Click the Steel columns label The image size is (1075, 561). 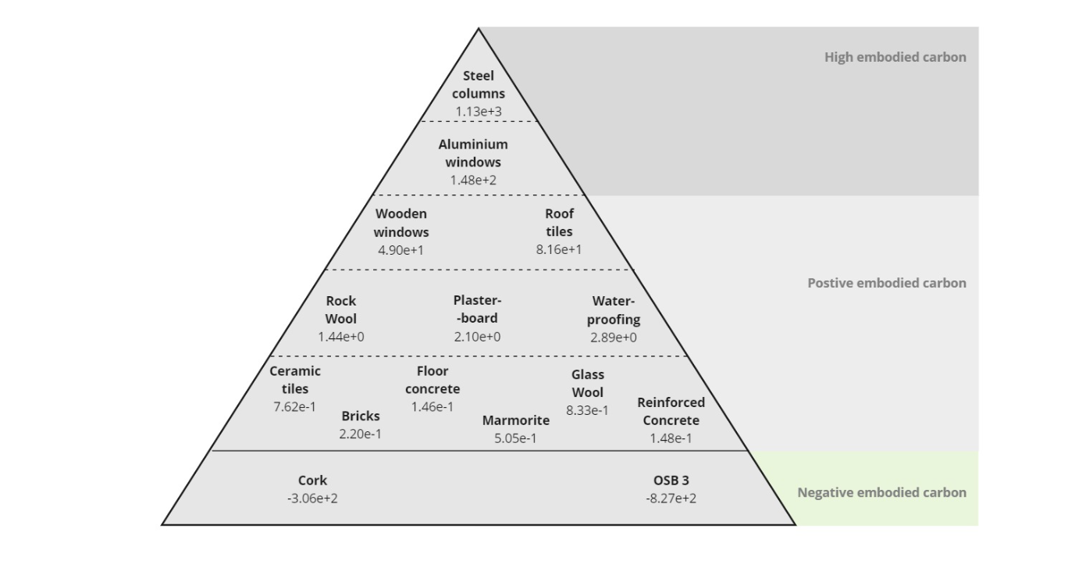tap(479, 84)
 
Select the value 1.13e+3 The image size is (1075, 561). tap(479, 112)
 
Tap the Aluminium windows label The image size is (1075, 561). tap(473, 153)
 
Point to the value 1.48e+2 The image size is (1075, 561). tap(473, 180)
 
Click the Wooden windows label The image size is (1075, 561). tap(401, 223)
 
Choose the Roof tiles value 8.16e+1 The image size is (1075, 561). tap(559, 250)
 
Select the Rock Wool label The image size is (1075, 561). tap(341, 309)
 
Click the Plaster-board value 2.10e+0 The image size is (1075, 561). tap(477, 337)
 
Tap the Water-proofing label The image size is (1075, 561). tap(614, 310)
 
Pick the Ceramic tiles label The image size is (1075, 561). tap(295, 380)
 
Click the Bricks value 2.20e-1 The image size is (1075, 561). tap(361, 434)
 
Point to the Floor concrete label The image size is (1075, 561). tap(432, 380)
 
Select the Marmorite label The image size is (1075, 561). tap(516, 420)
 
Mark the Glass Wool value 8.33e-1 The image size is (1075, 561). tap(587, 410)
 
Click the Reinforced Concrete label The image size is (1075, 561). tap(671, 411)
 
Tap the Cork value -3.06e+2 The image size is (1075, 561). tap(312, 498)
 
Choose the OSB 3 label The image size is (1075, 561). tap(671, 481)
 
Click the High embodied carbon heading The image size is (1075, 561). tap(895, 57)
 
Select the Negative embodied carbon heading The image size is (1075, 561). tap(881, 492)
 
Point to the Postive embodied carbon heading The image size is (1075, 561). tap(887, 283)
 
